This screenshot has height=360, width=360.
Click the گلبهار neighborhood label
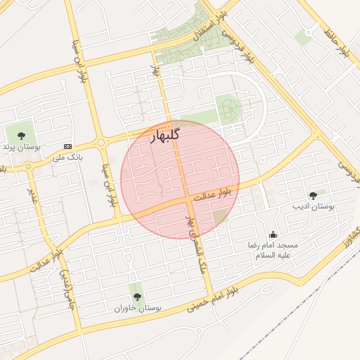[165, 136]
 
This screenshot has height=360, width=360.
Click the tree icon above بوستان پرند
[18, 134]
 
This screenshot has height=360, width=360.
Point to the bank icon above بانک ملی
[67, 146]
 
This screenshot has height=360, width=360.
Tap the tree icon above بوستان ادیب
[313, 195]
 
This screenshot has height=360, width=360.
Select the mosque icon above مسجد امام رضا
[273, 235]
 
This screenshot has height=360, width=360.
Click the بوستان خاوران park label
[139, 308]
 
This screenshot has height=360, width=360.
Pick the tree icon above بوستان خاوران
[137, 296]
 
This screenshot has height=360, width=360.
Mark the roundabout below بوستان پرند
[27, 167]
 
